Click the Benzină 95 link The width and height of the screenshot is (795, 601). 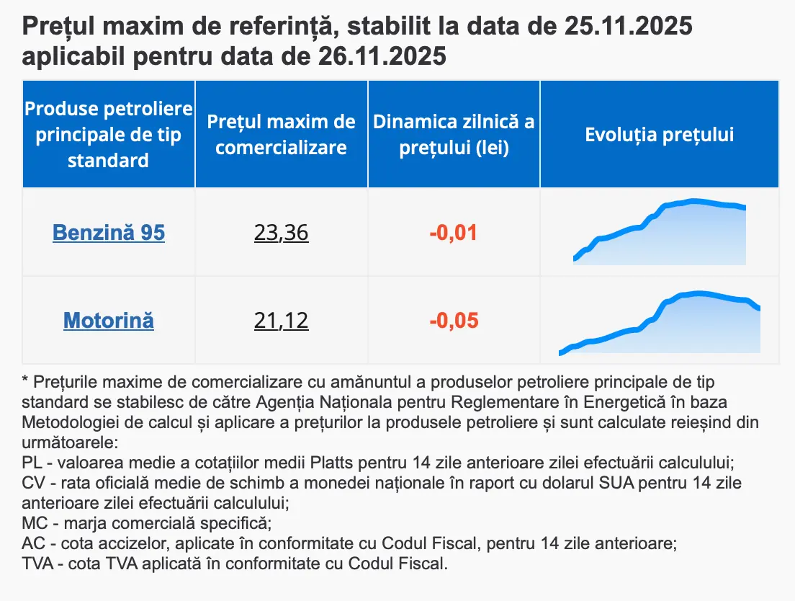pos(109,233)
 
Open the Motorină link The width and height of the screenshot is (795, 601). pos(109,320)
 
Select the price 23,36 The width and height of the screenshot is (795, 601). pos(281,233)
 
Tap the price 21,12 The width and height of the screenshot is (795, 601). pos(281,320)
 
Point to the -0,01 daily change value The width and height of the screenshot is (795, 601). pos(454,233)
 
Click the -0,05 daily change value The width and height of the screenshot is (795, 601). pos(454,320)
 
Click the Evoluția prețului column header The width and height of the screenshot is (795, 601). pos(659,135)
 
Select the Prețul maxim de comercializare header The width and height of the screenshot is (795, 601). pos(281,135)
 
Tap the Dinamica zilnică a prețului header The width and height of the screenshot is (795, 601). pos(454,135)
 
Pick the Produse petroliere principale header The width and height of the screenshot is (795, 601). pos(109,135)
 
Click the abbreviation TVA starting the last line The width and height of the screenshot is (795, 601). pos(37,563)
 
